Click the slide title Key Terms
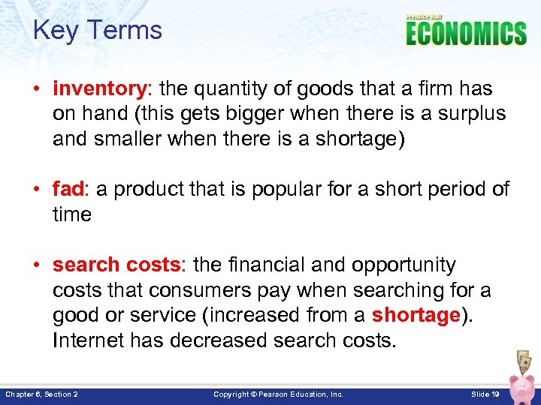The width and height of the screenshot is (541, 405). [x=98, y=31]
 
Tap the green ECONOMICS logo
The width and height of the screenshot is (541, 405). [x=466, y=34]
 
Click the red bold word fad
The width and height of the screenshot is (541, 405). [x=70, y=190]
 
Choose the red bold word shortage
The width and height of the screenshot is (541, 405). [x=416, y=315]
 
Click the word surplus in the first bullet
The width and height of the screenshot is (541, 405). [x=470, y=114]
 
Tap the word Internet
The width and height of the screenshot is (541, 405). [x=86, y=340]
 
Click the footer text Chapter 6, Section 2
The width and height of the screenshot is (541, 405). [x=42, y=394]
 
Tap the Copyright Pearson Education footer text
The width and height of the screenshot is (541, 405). [x=278, y=394]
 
